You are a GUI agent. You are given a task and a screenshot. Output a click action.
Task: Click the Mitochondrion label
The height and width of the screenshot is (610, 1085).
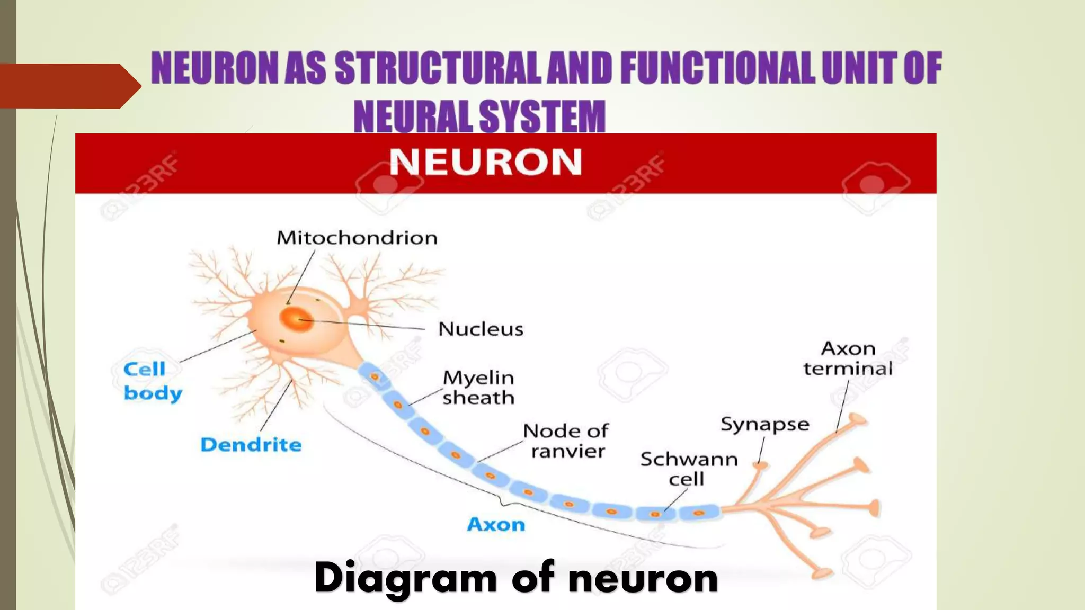point(357,238)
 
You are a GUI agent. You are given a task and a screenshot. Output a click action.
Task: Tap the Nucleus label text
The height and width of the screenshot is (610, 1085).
point(481,329)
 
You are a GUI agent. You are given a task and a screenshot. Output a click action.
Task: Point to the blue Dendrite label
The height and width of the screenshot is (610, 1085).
point(251,445)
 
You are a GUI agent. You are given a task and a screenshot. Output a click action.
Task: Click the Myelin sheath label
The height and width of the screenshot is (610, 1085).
point(478,388)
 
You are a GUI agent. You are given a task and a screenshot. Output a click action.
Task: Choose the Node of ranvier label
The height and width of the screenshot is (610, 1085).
point(566,441)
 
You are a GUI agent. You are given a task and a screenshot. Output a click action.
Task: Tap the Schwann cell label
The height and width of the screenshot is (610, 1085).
point(688,469)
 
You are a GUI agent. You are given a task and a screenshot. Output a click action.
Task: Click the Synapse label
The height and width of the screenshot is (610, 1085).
point(764,425)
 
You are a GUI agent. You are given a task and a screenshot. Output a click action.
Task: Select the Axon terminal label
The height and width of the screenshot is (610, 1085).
point(848,358)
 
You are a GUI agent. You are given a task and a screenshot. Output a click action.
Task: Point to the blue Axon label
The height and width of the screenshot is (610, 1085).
point(496,524)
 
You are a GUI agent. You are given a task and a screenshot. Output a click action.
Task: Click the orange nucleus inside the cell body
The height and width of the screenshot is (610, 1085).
point(296,319)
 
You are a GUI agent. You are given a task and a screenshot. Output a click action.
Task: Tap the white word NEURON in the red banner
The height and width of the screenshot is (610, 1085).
point(485,162)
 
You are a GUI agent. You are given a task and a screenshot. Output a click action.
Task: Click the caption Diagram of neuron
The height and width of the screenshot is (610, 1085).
point(515,578)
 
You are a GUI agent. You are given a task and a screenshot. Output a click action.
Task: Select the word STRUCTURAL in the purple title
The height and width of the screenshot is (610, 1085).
point(438,68)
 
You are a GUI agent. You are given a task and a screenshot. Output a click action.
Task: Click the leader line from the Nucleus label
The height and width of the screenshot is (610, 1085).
point(371,325)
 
